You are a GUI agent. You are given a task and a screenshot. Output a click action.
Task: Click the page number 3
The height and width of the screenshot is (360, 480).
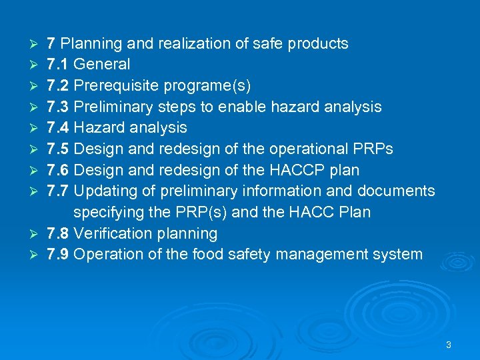click(448, 345)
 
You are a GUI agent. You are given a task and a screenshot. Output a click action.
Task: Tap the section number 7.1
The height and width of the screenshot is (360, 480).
click(58, 65)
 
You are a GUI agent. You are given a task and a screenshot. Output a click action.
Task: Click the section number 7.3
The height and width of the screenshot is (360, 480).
click(58, 107)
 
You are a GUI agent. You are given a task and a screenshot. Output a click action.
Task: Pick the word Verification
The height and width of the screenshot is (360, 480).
click(110, 233)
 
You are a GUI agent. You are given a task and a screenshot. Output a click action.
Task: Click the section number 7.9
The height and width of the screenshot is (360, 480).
click(58, 255)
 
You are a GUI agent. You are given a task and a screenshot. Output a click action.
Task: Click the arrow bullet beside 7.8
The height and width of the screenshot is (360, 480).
click(36, 234)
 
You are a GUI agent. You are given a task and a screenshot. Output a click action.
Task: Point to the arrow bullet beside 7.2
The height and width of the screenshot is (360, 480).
click(36, 86)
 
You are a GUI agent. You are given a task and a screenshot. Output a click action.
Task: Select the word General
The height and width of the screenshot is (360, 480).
click(101, 65)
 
